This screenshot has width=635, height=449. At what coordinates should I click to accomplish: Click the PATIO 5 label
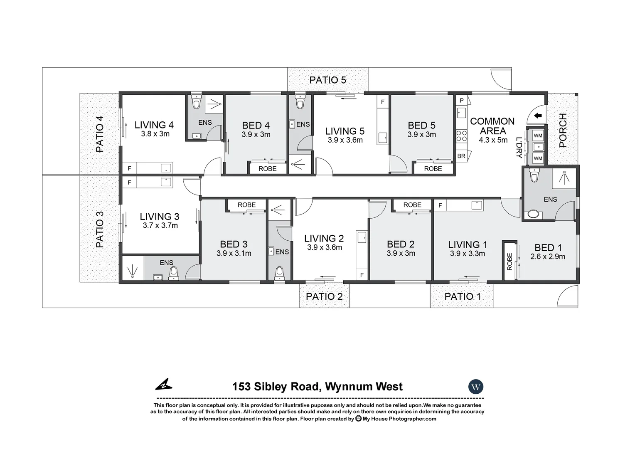click(x=327, y=80)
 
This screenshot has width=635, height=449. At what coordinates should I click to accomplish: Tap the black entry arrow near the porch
click(x=538, y=116)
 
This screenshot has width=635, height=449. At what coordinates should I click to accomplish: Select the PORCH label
click(x=563, y=131)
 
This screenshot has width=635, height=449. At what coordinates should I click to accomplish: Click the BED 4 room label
click(x=256, y=125)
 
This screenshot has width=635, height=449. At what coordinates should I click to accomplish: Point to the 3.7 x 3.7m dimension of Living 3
click(x=160, y=226)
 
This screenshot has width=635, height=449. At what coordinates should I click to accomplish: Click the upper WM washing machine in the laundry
click(x=538, y=136)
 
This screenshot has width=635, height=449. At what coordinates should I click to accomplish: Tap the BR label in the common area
click(x=461, y=156)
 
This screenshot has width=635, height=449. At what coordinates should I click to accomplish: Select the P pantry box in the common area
click(x=461, y=101)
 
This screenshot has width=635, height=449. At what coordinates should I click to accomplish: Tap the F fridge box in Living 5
click(x=383, y=102)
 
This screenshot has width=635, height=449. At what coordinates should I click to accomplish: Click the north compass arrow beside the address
click(x=164, y=385)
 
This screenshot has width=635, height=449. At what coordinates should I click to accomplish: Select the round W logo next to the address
click(x=476, y=387)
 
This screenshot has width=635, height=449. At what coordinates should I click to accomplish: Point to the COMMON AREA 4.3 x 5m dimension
click(x=493, y=140)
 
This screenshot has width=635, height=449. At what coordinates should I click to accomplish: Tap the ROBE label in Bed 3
click(x=246, y=205)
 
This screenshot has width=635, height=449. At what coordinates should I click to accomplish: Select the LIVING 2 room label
click(x=324, y=238)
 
